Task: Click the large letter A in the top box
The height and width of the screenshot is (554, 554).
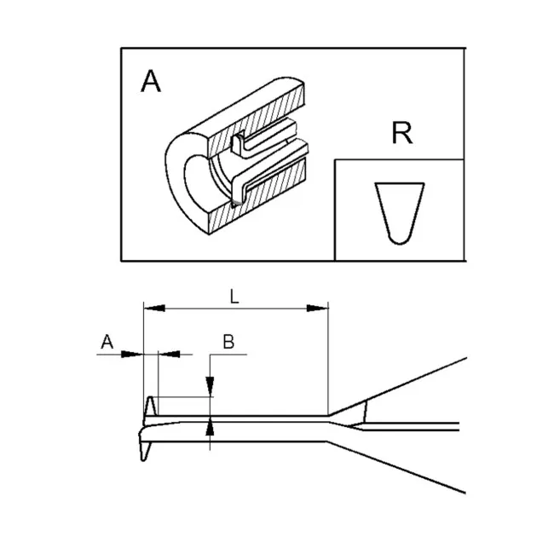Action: coord(150,81)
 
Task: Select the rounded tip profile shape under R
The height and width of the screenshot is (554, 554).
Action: coord(398,213)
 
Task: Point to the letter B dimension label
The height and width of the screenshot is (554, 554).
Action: coord(228,342)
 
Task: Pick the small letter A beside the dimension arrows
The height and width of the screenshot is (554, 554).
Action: coord(107,342)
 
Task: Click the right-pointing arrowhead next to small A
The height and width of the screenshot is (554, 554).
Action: coord(136,355)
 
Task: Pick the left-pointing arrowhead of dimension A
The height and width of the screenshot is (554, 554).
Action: coord(165,355)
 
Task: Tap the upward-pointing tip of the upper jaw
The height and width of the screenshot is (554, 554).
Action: coord(150,401)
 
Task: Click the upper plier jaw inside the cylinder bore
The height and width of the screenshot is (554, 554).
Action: coord(256,138)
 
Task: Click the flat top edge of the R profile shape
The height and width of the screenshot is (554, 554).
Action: coord(397,183)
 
